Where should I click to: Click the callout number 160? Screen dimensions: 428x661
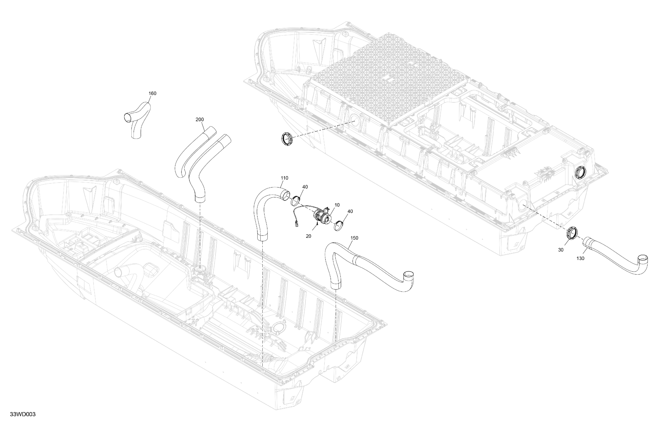[x=153, y=93]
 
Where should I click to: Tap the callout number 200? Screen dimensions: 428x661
[x=199, y=120]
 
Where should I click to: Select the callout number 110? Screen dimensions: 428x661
[x=284, y=178]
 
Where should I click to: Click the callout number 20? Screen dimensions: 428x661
[x=308, y=236]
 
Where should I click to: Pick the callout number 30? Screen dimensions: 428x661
[x=561, y=250]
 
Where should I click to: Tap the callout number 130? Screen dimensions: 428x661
[x=580, y=258]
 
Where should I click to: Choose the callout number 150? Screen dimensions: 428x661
[x=354, y=238]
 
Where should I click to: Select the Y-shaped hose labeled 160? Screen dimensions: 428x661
[x=137, y=118]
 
